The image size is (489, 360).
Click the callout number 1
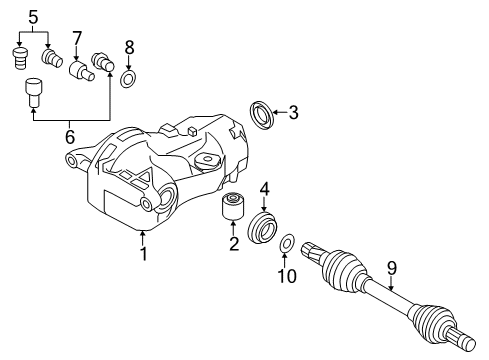tap(143, 255)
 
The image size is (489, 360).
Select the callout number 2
tap(233, 243)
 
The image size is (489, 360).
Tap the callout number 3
tap(293, 113)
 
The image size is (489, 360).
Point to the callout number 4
tap(265, 188)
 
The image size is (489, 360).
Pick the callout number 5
tap(33, 17)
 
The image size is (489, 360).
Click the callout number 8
tap(128, 47)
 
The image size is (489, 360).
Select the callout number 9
tap(391, 267)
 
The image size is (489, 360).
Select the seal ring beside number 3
tap(262, 112)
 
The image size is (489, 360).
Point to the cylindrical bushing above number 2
tap(233, 207)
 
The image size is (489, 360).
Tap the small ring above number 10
tap(288, 243)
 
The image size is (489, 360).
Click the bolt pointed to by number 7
tap(78, 71)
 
